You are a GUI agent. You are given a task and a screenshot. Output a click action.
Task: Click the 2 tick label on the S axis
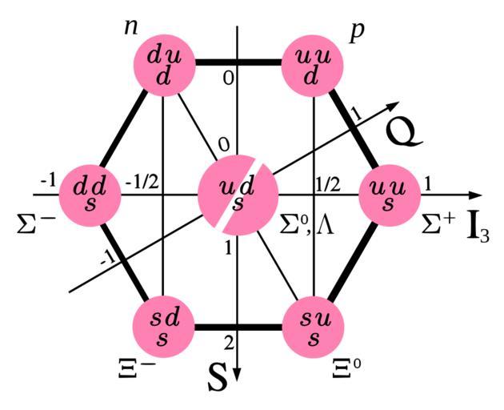(229, 344)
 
